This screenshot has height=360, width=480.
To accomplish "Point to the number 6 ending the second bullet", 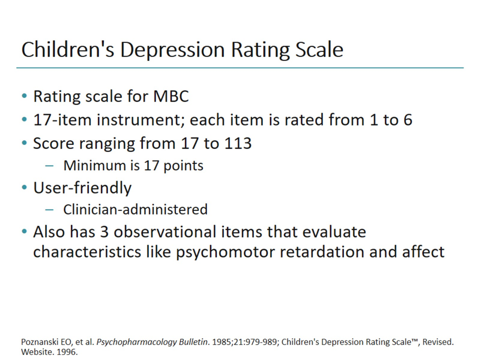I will [407, 120].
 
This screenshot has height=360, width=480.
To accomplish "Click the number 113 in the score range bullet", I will [236, 143].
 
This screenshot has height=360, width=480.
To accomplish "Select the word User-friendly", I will [82, 188].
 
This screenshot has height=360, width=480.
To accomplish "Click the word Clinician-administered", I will [135, 209].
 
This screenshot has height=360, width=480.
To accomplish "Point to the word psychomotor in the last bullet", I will [226, 251].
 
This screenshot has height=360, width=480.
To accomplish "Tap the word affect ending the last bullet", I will [423, 251].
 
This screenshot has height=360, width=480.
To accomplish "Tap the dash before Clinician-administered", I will [48, 209].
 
